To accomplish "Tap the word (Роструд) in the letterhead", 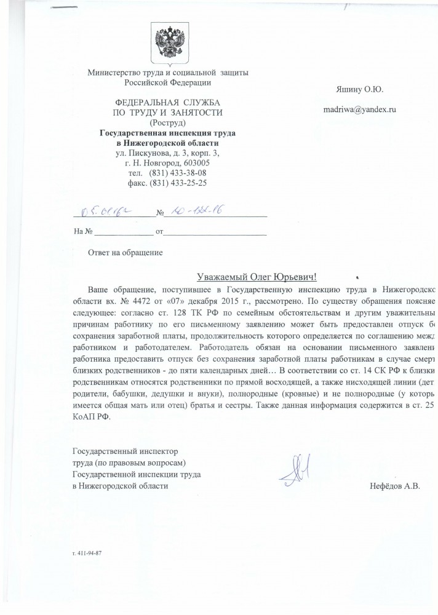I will (167, 122).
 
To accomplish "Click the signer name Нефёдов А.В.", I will (394, 486).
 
